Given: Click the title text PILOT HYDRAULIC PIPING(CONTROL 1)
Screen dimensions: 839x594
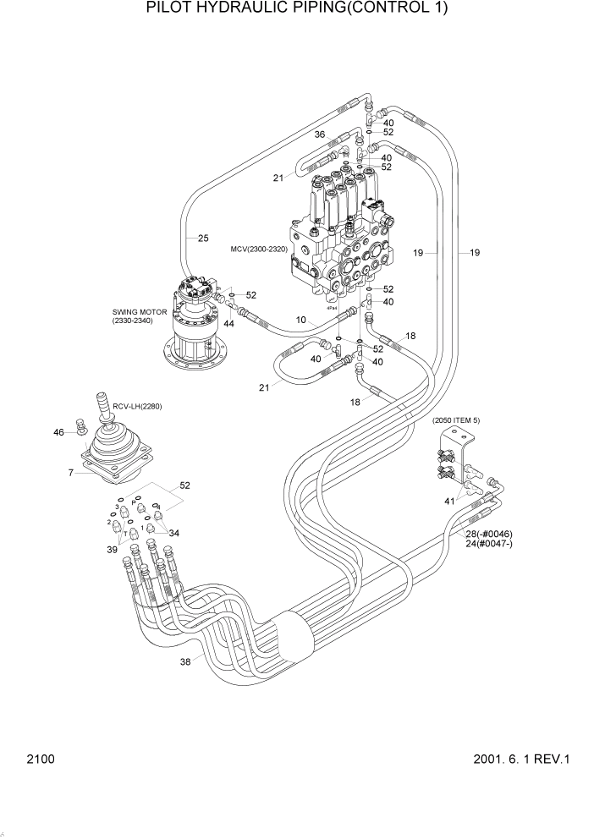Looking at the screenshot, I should [x=296, y=8].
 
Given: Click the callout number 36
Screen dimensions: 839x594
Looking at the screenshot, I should [x=320, y=134].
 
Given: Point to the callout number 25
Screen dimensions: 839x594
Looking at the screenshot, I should [x=203, y=239].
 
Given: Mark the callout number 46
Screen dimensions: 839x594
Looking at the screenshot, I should [x=58, y=432].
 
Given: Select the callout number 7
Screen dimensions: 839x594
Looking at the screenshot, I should [x=71, y=472].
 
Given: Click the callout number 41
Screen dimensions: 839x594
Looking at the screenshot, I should [x=450, y=502].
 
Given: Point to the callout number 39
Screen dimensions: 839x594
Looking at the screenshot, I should [x=111, y=551].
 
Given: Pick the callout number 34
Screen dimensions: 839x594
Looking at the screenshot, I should [x=174, y=533].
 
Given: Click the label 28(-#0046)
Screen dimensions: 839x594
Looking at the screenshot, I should [x=500, y=534].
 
